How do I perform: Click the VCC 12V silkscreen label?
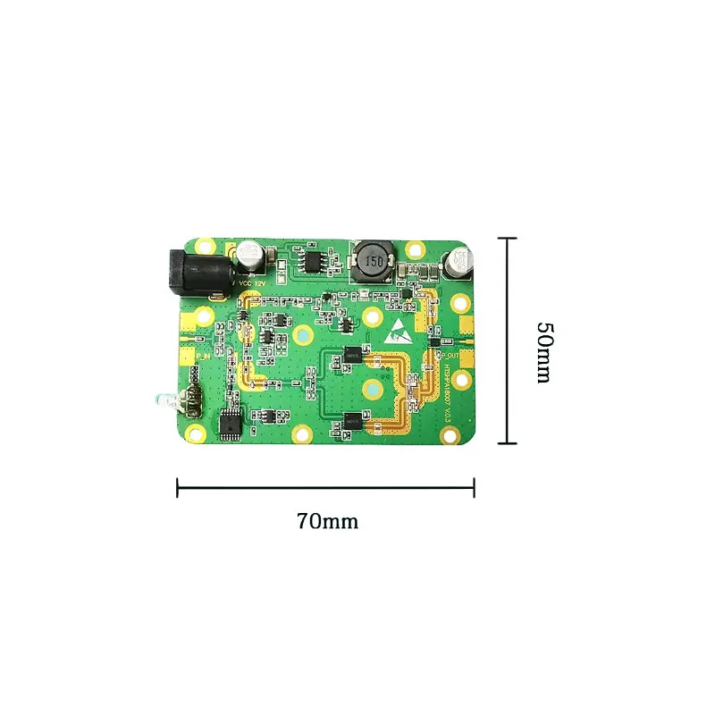[x=252, y=283]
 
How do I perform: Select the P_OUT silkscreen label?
[x=450, y=354]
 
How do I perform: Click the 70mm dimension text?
[x=327, y=521]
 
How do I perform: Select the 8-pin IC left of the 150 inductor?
[x=315, y=259]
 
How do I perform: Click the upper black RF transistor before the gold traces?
[x=353, y=356]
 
